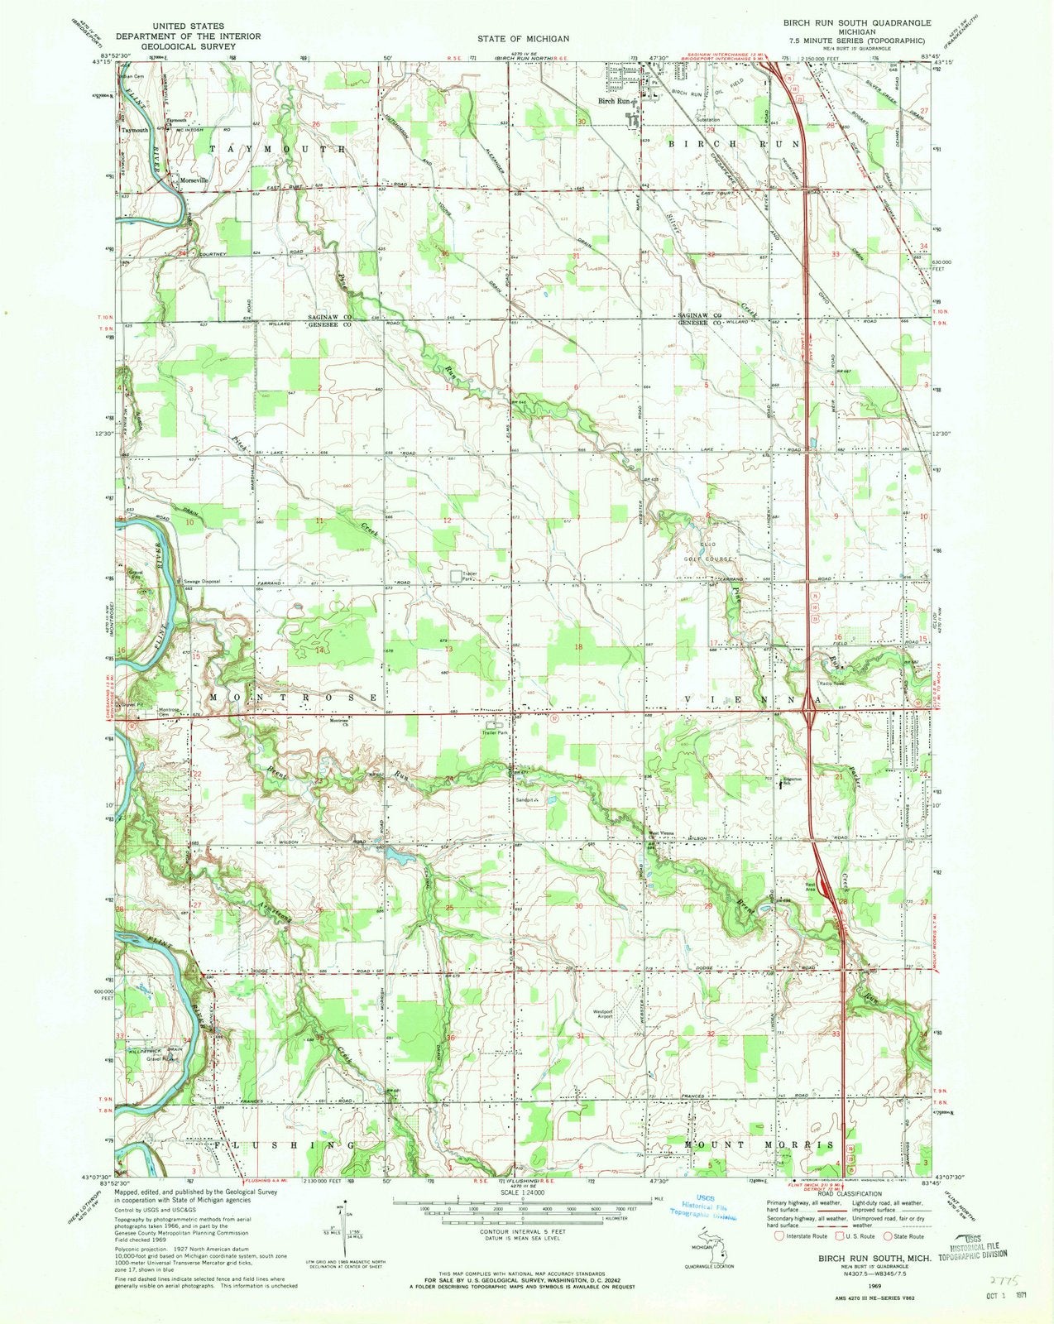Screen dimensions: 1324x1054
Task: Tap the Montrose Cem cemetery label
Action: (x=169, y=711)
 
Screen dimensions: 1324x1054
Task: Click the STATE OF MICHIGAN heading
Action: (x=522, y=38)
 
